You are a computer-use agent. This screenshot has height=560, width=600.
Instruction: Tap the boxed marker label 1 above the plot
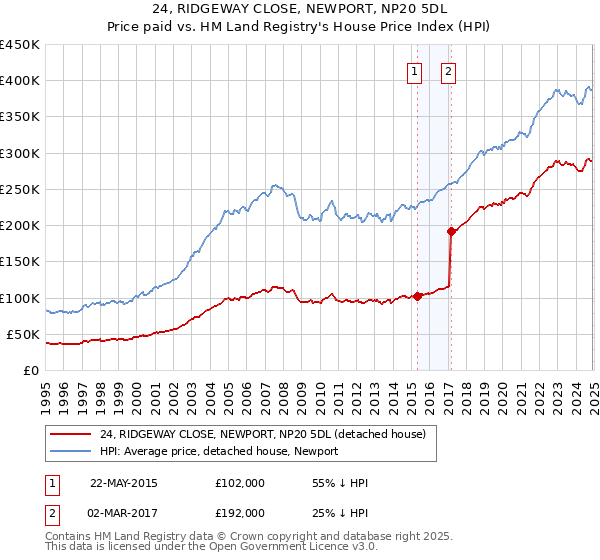click(x=414, y=71)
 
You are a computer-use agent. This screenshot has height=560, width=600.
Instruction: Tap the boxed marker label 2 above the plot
click(x=448, y=71)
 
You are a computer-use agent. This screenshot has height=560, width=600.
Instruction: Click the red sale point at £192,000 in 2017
click(x=451, y=231)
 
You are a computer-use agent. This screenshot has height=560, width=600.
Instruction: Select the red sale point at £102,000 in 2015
click(x=417, y=296)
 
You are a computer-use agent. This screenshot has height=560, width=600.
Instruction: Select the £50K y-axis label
click(x=24, y=334)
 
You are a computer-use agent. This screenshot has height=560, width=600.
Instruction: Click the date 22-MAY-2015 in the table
click(x=123, y=483)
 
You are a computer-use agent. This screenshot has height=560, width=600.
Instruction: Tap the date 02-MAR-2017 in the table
click(x=123, y=512)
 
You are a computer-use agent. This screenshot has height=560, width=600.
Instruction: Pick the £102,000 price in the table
click(x=240, y=483)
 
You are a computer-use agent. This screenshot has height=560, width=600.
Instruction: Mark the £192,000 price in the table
click(x=240, y=512)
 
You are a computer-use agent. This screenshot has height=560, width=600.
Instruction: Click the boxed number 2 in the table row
click(x=53, y=512)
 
